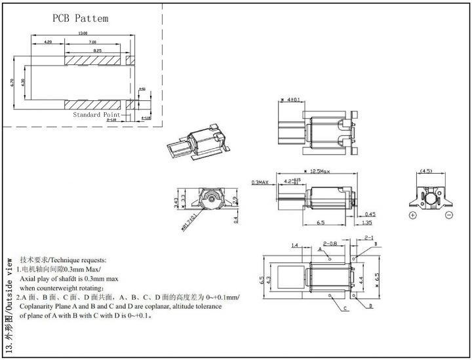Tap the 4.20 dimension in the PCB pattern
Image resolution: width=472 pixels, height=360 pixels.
[x=47, y=41]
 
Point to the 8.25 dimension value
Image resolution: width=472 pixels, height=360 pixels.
[x=96, y=50]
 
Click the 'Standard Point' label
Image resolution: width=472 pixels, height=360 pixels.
[x=96, y=114]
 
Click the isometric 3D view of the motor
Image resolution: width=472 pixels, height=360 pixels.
[x=199, y=142]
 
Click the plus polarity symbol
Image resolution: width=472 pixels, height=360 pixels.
[x=413, y=215]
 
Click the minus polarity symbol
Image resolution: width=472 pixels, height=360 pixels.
[x=449, y=215]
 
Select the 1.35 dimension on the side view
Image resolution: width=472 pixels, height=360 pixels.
[x=369, y=223]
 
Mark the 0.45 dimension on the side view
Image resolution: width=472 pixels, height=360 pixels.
[x=369, y=214]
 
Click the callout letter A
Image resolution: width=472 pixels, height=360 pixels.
[x=320, y=250]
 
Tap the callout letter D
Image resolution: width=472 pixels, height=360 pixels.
[x=370, y=306]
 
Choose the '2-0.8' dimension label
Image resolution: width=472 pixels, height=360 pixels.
[x=330, y=243]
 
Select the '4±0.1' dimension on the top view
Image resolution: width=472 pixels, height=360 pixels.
[x=291, y=100]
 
